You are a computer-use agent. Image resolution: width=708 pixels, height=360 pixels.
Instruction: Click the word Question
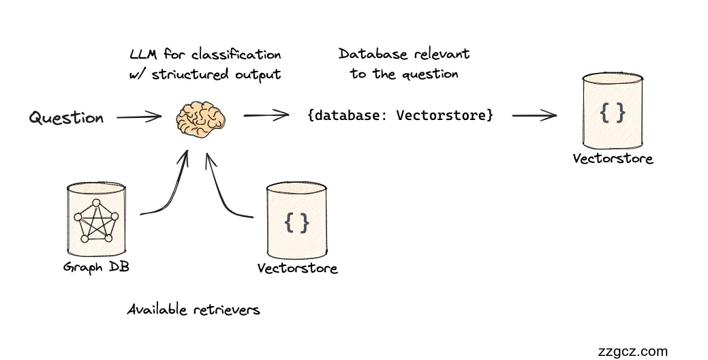coord(66,117)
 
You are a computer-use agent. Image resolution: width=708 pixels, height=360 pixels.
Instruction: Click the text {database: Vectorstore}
coord(400,115)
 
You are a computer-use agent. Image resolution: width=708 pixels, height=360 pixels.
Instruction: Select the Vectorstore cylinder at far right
coord(612,112)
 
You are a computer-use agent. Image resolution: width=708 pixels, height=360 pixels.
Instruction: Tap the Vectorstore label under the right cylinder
coord(613,159)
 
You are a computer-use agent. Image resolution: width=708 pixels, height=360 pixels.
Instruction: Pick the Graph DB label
coord(96,267)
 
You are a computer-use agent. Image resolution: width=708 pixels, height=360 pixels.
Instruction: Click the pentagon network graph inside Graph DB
coord(96,220)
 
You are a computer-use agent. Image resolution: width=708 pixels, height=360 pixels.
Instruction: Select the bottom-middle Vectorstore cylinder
coord(297,219)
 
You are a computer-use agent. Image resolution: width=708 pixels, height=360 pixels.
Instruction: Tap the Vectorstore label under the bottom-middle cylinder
coord(297,268)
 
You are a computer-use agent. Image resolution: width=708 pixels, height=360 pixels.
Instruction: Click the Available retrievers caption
coord(194,310)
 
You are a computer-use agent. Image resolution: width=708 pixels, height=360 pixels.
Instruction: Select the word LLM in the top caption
coord(144,55)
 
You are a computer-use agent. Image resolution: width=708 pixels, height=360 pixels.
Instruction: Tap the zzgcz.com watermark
coord(632,351)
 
